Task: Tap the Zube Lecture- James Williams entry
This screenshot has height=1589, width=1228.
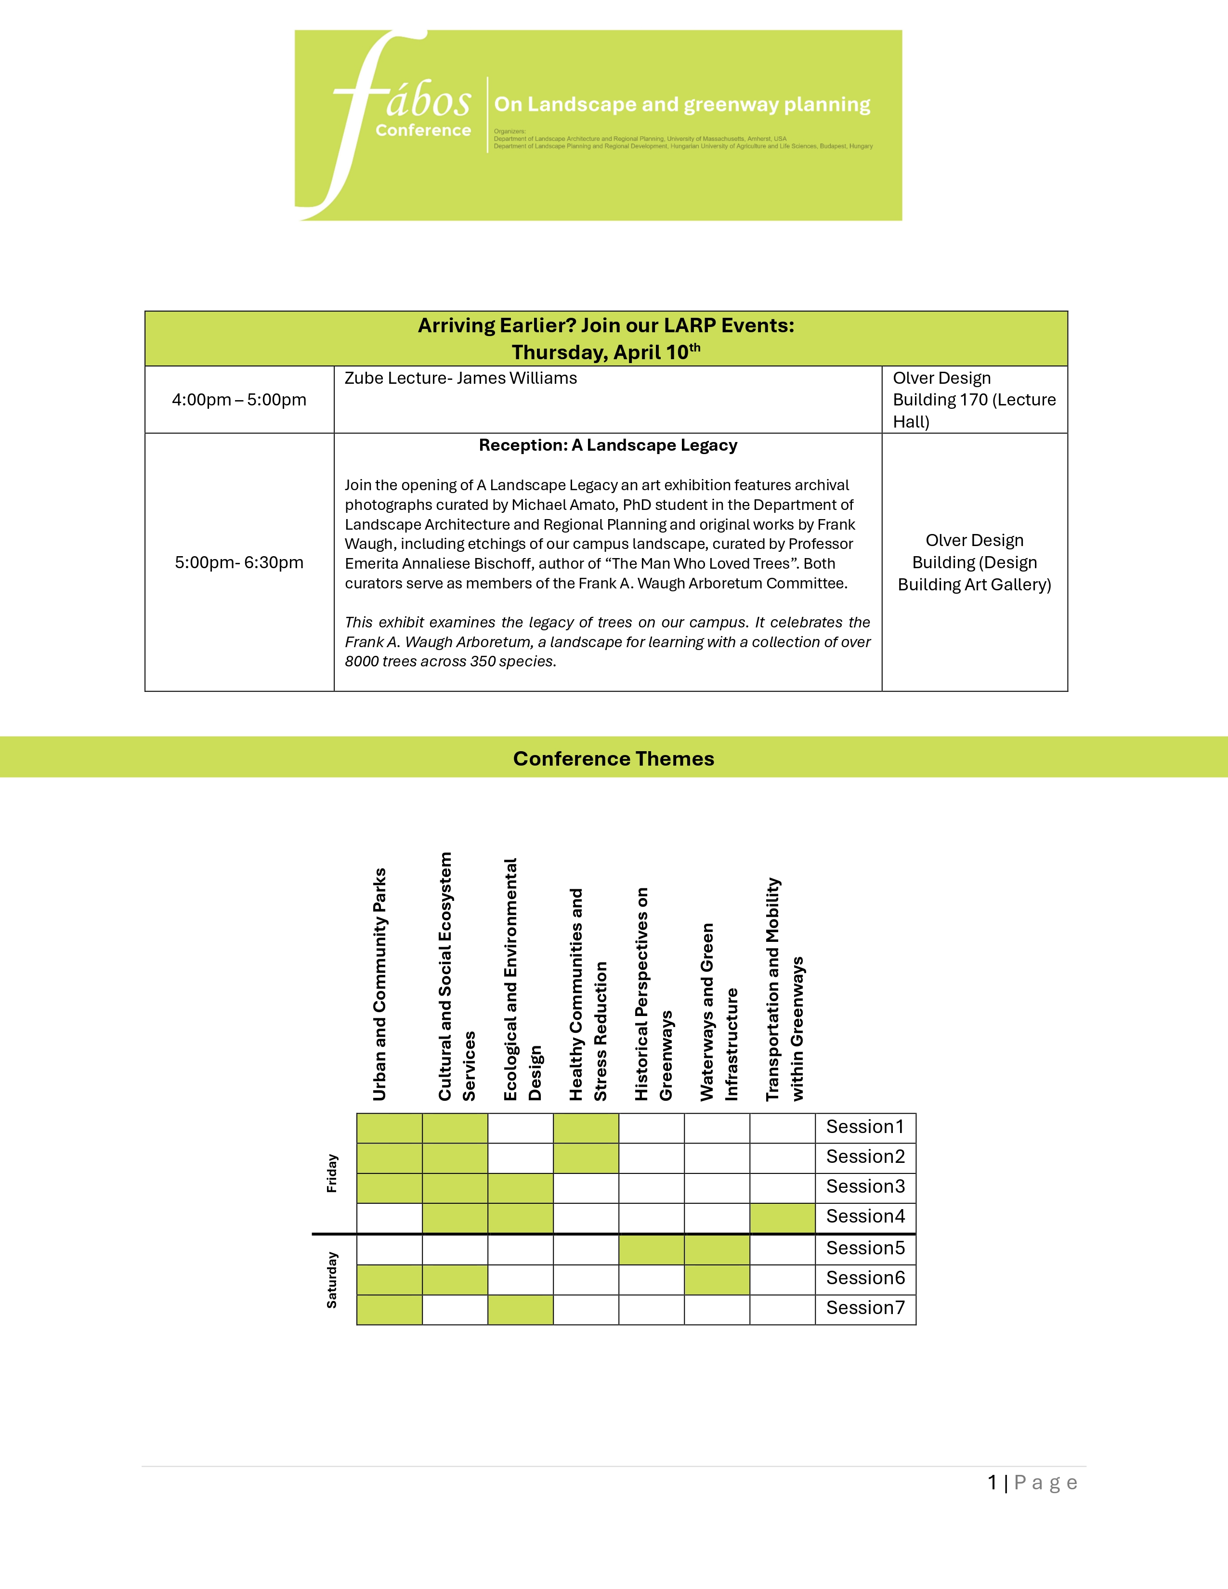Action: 460,378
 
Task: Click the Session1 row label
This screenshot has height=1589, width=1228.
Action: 865,1127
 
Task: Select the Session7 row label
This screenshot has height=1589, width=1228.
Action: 865,1308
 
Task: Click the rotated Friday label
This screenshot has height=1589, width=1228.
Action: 332,1173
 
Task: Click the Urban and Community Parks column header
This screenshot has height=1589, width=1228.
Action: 380,984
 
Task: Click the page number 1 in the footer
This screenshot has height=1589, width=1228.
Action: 993,1483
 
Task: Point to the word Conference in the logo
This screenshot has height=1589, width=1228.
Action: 423,130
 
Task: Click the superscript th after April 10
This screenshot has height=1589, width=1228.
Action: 695,347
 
